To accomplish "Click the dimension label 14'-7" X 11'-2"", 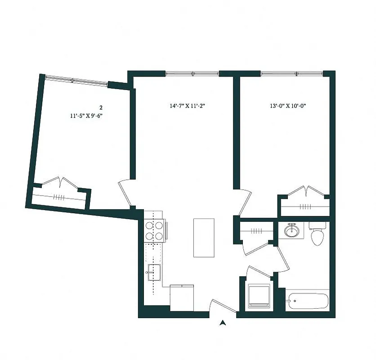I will pos(188,106).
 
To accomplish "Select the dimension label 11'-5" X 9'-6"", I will pos(90,116).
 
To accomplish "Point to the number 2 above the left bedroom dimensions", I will pos(101,108).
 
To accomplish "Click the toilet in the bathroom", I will pos(318,234).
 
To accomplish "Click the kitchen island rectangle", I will pos(204,238).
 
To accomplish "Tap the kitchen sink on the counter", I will pos(153,272).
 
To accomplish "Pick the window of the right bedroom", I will pos(291,73).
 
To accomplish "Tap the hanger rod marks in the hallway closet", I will pos(256,231).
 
